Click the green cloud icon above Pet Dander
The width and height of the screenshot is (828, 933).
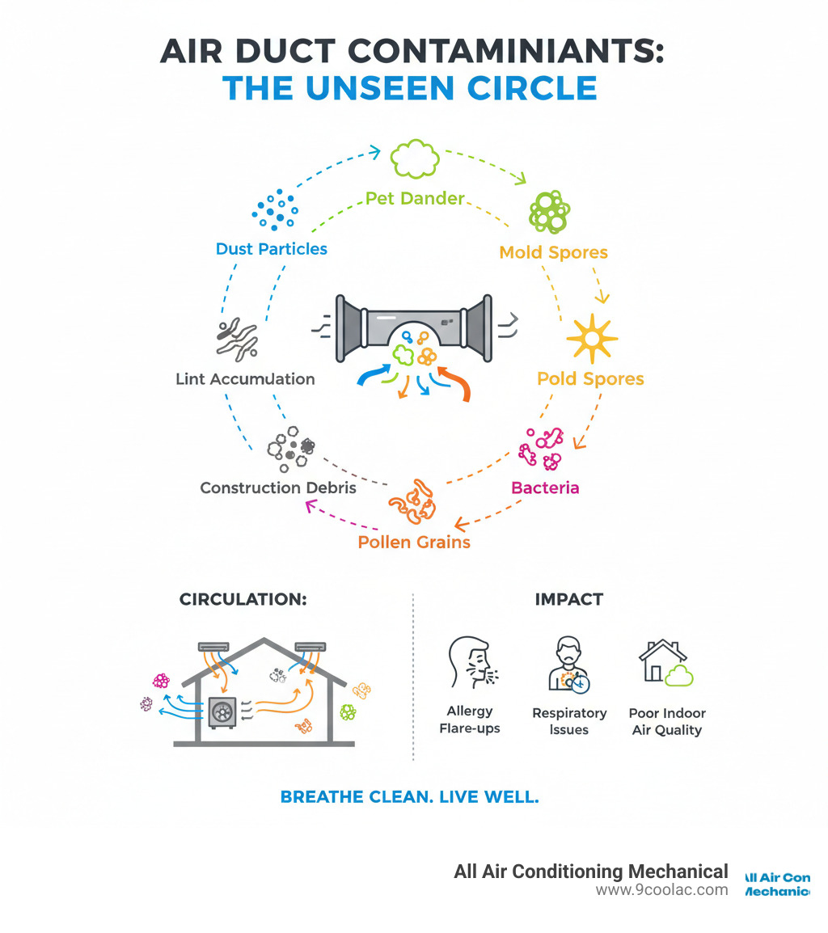pos(415,158)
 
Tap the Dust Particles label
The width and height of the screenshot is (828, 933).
pos(272,249)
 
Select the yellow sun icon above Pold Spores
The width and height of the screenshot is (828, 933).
pos(592,338)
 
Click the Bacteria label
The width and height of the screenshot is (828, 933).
pos(545,488)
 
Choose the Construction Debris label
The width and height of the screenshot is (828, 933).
pos(278,488)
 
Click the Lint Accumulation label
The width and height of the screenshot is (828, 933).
pos(245,378)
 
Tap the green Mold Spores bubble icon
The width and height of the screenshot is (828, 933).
pos(549,212)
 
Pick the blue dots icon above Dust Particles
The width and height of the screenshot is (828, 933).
pos(273,209)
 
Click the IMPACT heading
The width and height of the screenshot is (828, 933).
pos(569,599)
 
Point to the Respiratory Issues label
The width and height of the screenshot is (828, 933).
pos(569,721)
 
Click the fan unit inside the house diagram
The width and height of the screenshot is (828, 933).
pos(222,711)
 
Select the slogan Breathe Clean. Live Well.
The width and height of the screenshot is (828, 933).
pos(409,796)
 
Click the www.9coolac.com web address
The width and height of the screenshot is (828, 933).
pos(661,889)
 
